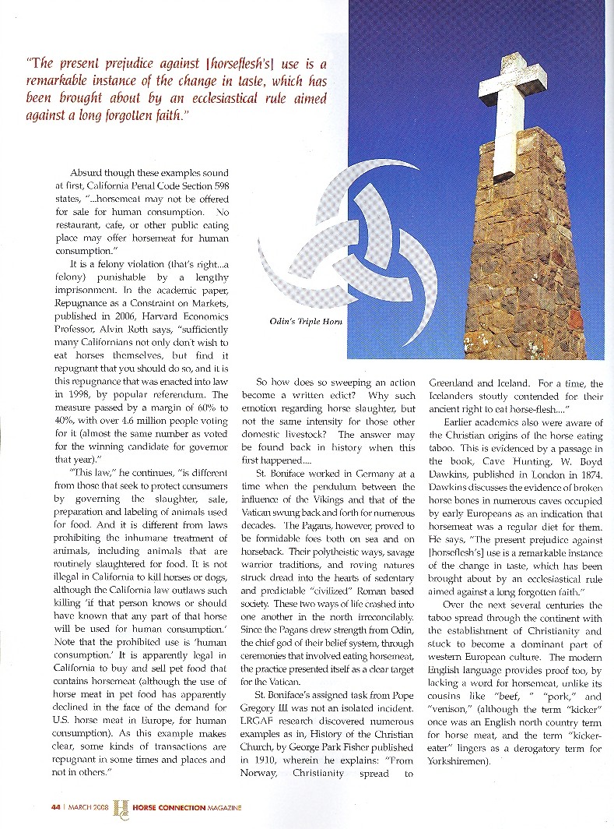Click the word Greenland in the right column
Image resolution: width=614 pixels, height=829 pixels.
454,383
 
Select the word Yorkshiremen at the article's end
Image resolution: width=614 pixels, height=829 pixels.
463,762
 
